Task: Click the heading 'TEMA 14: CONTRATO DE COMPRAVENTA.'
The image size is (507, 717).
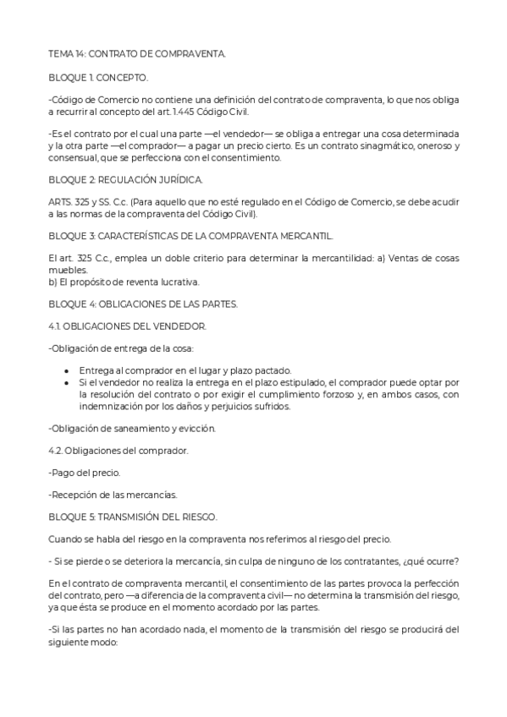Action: [x=137, y=53]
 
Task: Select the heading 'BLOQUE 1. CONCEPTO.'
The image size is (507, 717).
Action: [x=98, y=77]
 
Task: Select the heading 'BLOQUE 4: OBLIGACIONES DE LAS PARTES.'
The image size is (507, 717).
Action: [x=143, y=303]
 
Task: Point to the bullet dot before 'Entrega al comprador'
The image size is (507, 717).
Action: [x=67, y=370]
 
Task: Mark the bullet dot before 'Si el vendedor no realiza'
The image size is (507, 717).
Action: [x=67, y=382]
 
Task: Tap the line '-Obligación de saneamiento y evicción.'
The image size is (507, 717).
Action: [x=132, y=429]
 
